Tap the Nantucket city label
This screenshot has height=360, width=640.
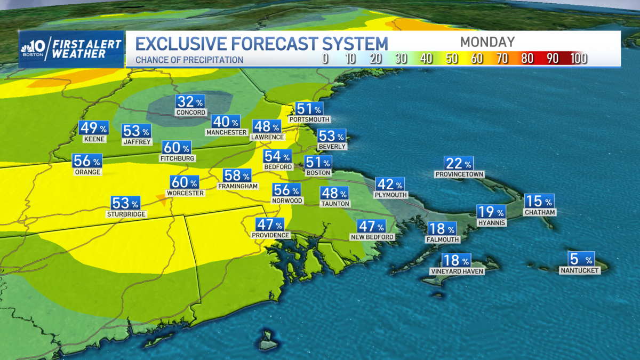(580, 270)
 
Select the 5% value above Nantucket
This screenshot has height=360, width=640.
(580, 260)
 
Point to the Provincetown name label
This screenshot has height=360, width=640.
(459, 174)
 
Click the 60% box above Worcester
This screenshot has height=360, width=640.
(185, 182)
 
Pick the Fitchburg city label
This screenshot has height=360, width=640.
(178, 158)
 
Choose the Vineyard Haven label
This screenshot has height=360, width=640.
(457, 271)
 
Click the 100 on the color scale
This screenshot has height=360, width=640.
(578, 59)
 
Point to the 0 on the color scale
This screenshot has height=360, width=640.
(325, 59)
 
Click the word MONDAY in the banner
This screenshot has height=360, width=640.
(487, 42)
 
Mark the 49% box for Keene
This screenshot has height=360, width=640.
(93, 129)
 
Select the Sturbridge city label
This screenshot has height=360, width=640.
(126, 214)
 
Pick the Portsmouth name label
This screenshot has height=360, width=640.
(309, 119)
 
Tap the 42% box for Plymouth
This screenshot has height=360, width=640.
(390, 185)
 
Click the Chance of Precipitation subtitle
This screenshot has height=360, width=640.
(189, 60)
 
